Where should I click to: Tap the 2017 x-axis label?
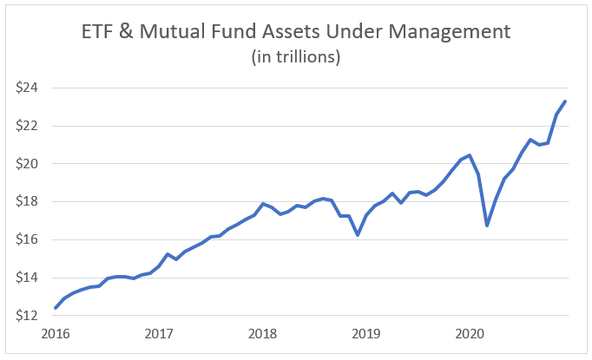click(158, 333)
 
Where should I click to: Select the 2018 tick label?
click(261, 333)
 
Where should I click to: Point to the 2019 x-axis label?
click(365, 333)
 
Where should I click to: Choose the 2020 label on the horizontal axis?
click(469, 333)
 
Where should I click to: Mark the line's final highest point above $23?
click(566, 101)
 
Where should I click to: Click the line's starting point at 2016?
click(55, 307)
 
